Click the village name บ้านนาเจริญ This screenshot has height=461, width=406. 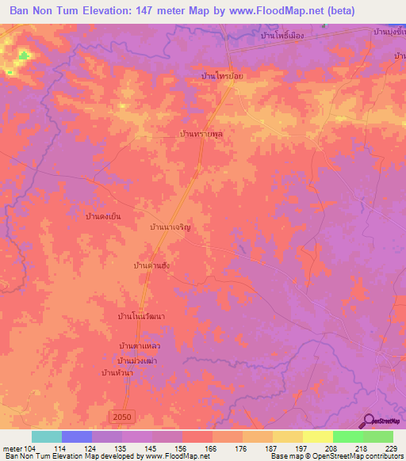pos(181,227)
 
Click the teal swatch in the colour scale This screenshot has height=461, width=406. pos(46,436)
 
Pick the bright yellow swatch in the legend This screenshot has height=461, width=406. pos(317,436)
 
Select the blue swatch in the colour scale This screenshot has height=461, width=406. pos(76,436)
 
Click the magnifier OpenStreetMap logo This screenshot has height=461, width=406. pos(370,421)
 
